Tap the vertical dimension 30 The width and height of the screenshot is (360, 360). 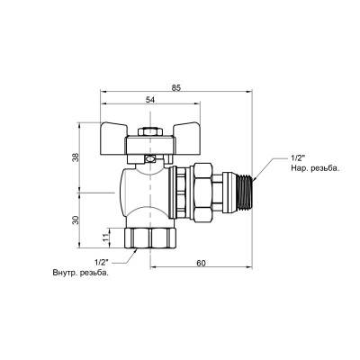pyautogui.click(x=76, y=219)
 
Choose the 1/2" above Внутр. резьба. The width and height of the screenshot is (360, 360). pyautogui.click(x=101, y=262)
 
